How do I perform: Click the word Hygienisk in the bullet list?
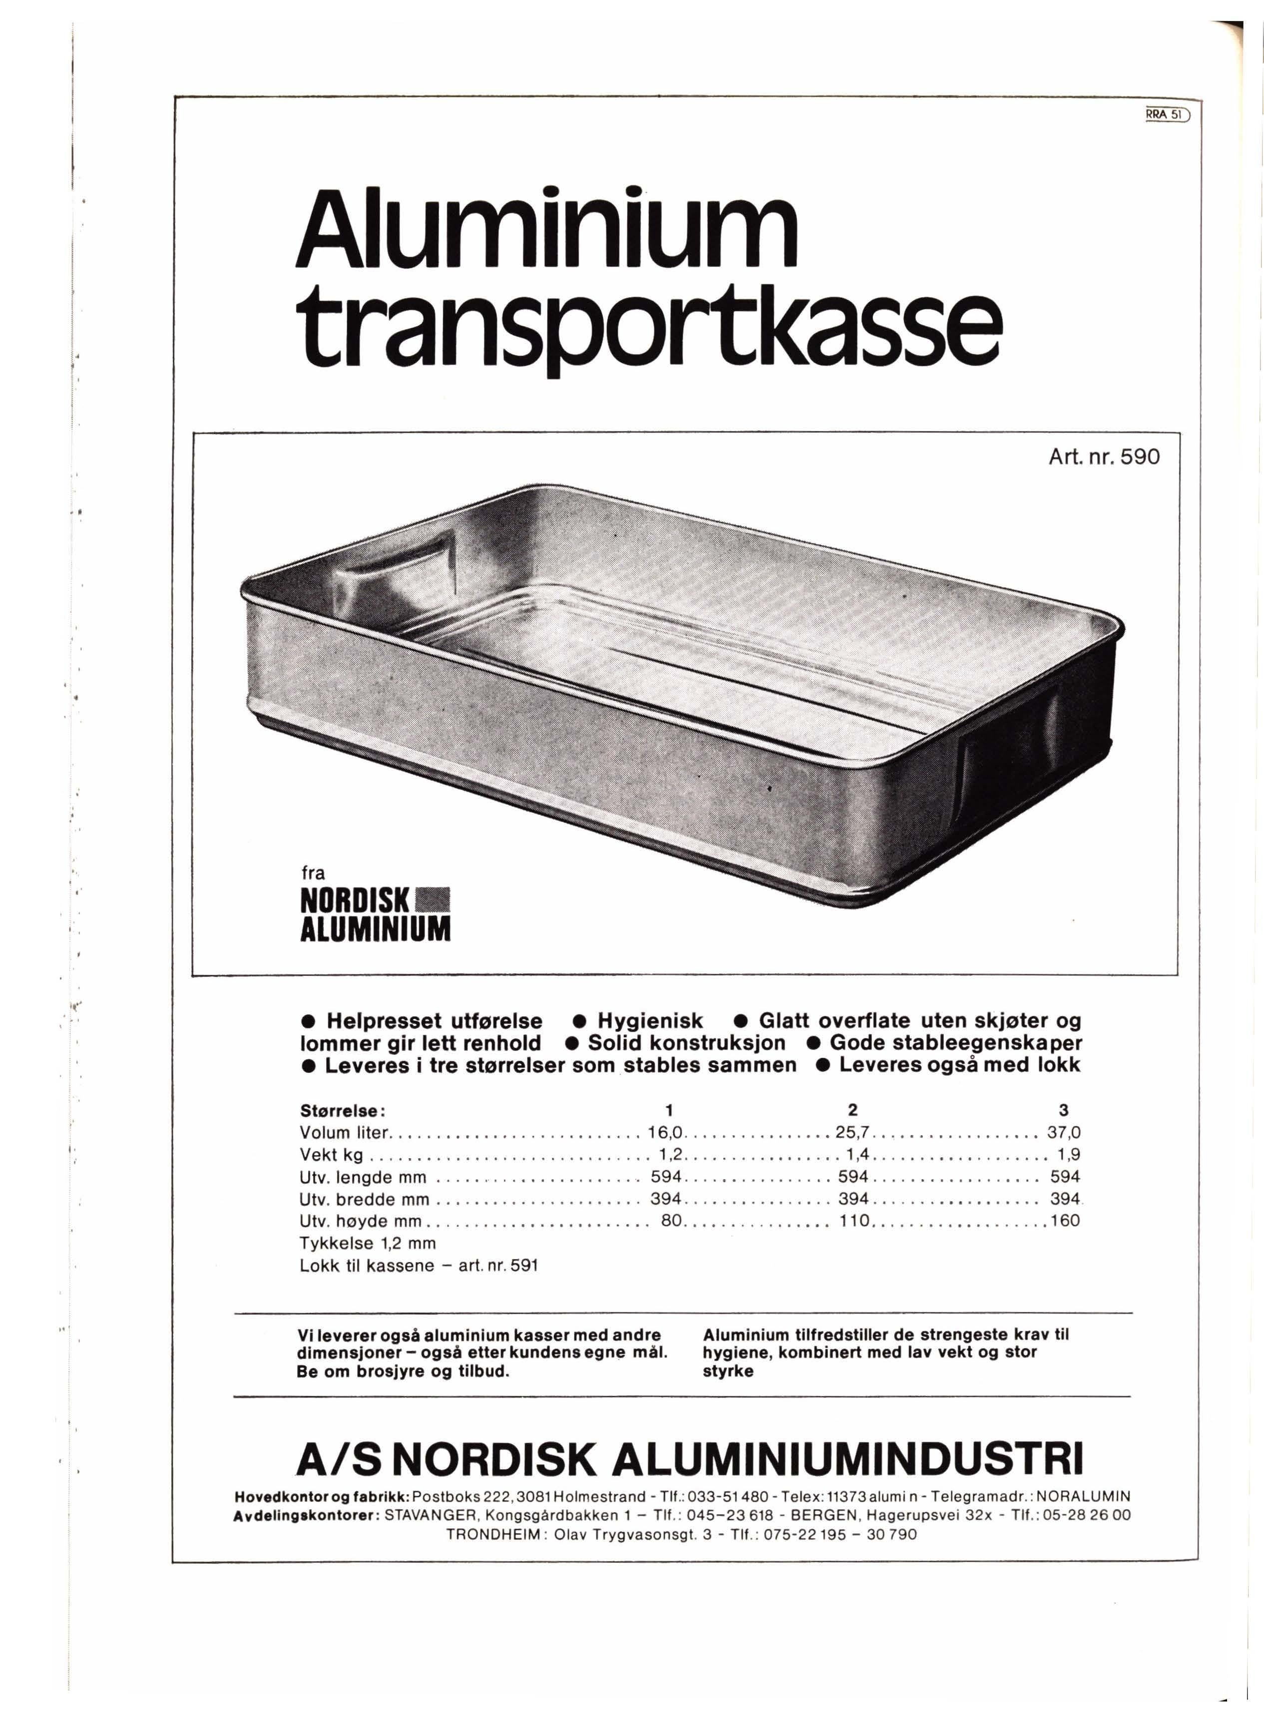(650, 1021)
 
